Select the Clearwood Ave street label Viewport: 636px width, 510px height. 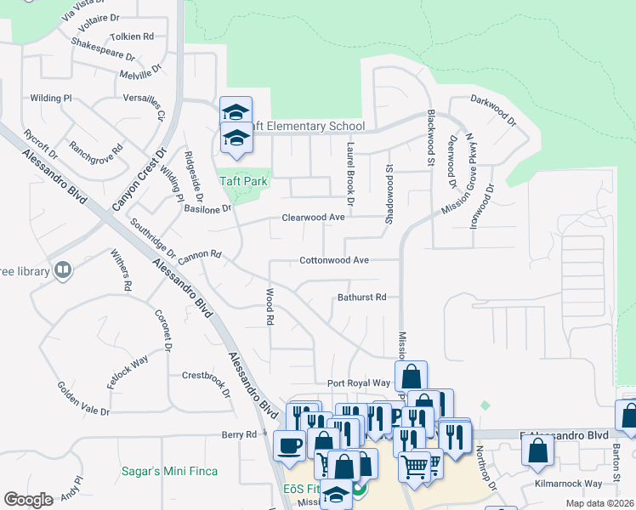tap(313, 218)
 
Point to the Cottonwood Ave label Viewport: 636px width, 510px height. tap(333, 260)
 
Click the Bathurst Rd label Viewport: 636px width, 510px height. tap(361, 297)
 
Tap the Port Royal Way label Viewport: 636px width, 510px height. tap(359, 383)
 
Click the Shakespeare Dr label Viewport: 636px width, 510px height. tap(104, 50)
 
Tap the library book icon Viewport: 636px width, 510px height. tap(61, 270)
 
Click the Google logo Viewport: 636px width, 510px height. tap(28, 499)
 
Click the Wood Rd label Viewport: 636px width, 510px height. tap(270, 307)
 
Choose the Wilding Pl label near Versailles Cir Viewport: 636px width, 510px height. tap(51, 99)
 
